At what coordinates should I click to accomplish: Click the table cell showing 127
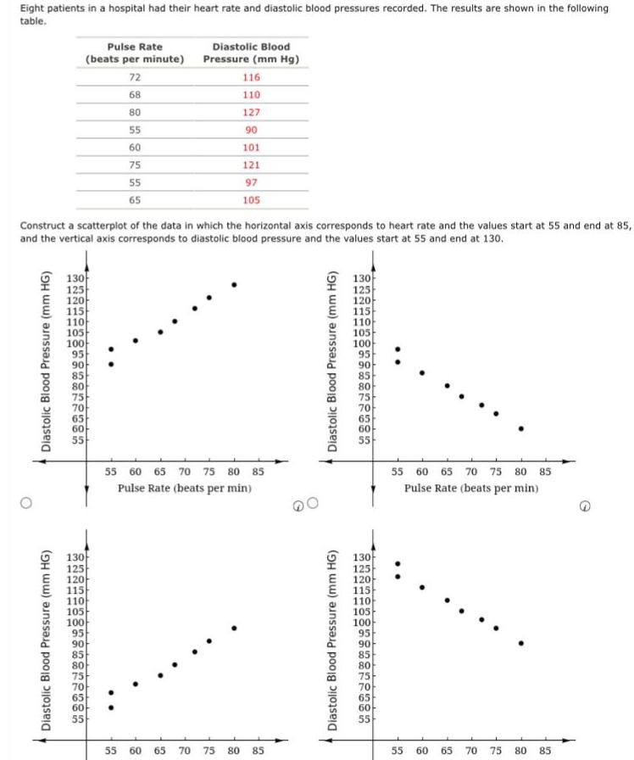point(251,112)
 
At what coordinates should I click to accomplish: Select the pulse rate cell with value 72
point(135,77)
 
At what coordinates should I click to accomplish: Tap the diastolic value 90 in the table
point(251,130)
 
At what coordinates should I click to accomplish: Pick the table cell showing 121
point(251,165)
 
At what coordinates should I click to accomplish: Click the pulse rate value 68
point(135,95)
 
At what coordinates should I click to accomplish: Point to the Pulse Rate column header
point(135,53)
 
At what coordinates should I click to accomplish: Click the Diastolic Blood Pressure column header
point(251,53)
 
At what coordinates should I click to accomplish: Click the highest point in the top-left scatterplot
point(234,284)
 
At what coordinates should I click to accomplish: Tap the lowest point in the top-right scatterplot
point(520,428)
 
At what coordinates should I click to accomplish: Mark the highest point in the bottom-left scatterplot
point(234,628)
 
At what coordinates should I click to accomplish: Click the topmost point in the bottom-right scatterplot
point(398,563)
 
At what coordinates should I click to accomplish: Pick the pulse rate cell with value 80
point(135,112)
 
